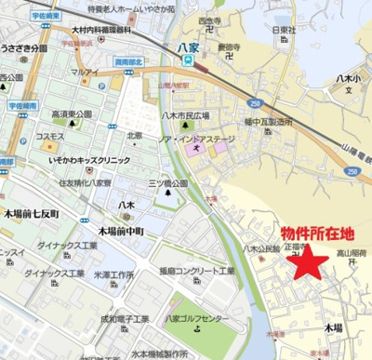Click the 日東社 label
[x=284, y=29]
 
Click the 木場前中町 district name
[x=121, y=230]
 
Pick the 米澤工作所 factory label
[x=116, y=275]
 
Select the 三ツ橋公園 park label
[x=168, y=184]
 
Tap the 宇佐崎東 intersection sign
[x=46, y=15]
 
